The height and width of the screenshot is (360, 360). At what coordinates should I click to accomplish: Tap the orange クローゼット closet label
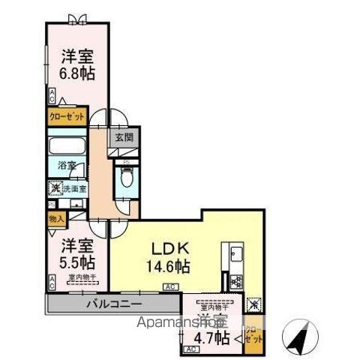point(67,118)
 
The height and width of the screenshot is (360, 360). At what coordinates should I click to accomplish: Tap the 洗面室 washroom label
point(72,188)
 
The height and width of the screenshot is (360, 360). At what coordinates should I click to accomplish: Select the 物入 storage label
point(56,218)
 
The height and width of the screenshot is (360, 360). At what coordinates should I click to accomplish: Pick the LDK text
point(169,248)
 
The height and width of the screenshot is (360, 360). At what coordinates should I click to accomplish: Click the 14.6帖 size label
point(169,265)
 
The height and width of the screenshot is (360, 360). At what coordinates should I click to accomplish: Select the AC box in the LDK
point(170,286)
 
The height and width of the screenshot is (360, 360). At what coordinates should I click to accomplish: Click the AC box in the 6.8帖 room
point(52,95)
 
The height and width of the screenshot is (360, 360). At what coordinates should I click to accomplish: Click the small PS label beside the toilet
point(126,160)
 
